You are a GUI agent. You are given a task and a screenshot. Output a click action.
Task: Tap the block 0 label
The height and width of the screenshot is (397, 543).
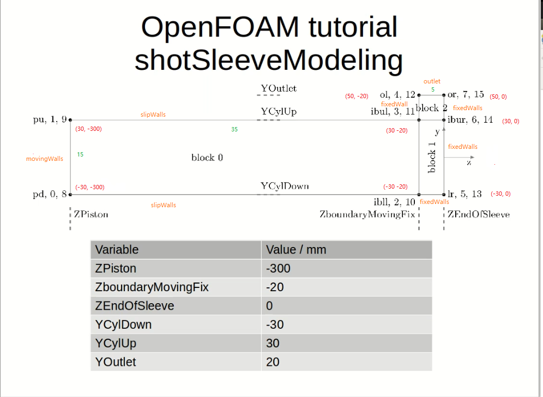point(207,158)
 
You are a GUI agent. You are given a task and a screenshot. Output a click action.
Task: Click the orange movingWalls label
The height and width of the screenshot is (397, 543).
point(45,159)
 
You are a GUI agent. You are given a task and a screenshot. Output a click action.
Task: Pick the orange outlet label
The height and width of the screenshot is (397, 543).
point(432,81)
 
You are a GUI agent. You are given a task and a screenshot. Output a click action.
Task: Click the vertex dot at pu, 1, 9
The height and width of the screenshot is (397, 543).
point(70,120)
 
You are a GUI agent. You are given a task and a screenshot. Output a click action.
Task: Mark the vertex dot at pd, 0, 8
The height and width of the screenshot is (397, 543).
point(70,194)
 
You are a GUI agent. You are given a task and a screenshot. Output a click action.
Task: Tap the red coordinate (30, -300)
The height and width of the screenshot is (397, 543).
point(89,129)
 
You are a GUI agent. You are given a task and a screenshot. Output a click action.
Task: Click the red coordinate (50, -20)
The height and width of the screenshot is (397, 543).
point(357,96)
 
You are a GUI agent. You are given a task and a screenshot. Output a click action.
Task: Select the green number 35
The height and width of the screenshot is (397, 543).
point(234,130)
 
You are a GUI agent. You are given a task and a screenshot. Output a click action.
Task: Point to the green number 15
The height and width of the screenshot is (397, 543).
point(80,154)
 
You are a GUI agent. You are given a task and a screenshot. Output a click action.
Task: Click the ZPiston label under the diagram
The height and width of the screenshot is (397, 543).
point(90,214)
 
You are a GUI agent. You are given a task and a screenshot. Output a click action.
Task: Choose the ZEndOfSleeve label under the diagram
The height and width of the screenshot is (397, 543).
point(479,214)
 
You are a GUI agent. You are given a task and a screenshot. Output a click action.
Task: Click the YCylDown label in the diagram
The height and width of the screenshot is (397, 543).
point(285,186)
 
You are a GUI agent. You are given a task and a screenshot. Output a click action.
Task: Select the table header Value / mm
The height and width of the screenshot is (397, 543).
point(296,250)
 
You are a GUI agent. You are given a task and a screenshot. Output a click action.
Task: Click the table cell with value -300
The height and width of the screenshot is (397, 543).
point(278,268)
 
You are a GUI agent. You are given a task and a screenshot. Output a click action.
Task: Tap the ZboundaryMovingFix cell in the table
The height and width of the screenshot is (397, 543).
point(152,287)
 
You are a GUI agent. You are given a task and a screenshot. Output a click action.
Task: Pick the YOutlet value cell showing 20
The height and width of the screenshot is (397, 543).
point(273,362)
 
